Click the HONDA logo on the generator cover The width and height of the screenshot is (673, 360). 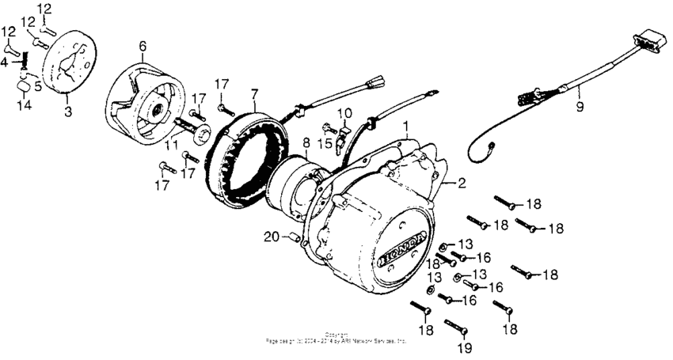click(x=403, y=247)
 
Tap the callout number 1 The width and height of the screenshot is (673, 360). click(x=406, y=126)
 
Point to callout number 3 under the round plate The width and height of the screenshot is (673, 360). click(x=67, y=112)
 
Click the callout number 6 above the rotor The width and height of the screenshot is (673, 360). click(x=143, y=46)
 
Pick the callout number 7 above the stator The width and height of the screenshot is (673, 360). click(x=254, y=93)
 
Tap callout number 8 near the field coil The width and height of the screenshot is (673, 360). click(x=306, y=143)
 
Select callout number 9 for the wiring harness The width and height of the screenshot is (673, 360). click(x=579, y=106)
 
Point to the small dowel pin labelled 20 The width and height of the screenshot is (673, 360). click(x=291, y=237)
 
